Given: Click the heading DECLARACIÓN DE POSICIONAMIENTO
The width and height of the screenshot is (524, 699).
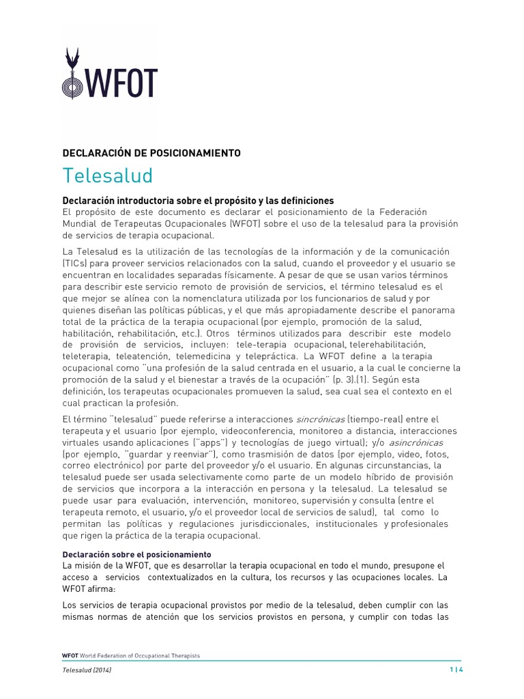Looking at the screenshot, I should [151, 153].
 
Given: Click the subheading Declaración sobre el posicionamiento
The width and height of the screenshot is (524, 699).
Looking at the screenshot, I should [136, 554].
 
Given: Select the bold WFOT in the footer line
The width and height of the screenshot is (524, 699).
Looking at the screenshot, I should [70, 656].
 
